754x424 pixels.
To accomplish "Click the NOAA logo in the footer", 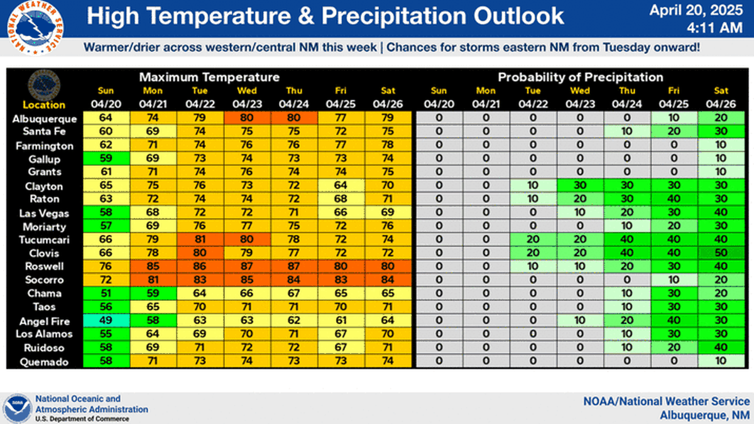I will click(x=16, y=408).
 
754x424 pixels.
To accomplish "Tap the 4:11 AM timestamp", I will click(x=721, y=28).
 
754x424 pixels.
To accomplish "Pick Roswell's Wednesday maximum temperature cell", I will click(x=247, y=266).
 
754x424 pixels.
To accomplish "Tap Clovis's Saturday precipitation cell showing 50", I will click(x=720, y=253).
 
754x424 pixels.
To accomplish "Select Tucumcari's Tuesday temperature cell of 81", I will click(x=200, y=239).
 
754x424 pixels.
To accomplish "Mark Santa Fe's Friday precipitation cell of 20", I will click(x=674, y=132).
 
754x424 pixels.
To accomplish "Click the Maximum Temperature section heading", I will click(x=209, y=77).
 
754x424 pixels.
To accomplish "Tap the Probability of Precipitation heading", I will click(x=581, y=77).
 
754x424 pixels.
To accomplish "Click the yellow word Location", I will click(x=44, y=105).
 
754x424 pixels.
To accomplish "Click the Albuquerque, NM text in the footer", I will click(x=705, y=415).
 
